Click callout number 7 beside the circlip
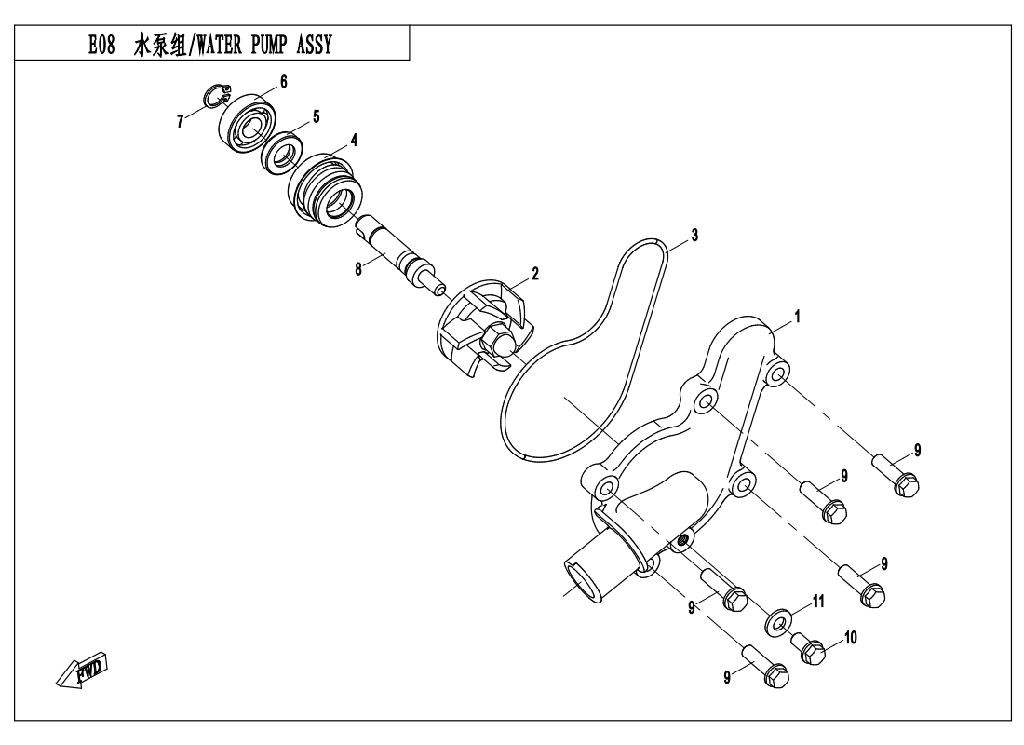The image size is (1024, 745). coord(181,121)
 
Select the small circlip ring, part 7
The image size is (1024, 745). coord(216,95)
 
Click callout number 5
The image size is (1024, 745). coord(317,117)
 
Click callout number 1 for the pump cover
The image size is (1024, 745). coord(797,317)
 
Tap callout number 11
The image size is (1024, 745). coord(818,603)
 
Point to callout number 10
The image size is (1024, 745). coord(850,638)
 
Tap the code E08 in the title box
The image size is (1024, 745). coord(101,45)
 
